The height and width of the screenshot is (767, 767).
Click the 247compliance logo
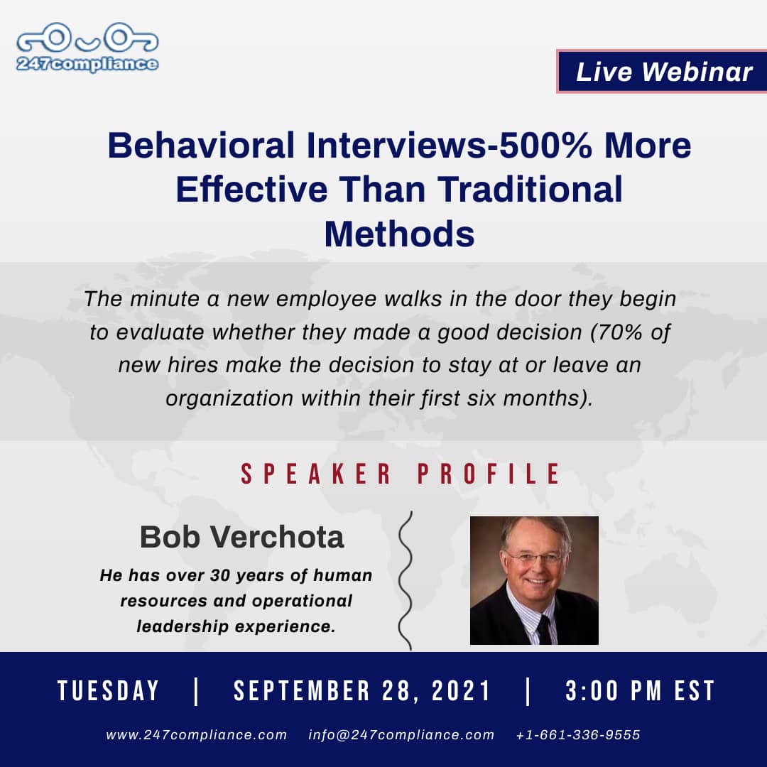[x=87, y=47]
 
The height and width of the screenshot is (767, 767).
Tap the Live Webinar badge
[x=662, y=72]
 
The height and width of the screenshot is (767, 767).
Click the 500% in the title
[x=545, y=146]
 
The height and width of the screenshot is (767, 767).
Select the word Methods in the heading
[x=399, y=234]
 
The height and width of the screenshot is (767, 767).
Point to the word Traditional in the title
[x=530, y=190]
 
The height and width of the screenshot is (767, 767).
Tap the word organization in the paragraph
[x=229, y=398]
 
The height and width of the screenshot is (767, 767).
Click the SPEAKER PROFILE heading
[x=400, y=474]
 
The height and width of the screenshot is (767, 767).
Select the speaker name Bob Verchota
[x=242, y=537]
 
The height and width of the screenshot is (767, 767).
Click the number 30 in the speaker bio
[x=221, y=575]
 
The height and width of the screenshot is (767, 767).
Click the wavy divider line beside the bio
[x=406, y=581]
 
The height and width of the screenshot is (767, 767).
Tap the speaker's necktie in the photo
[x=543, y=629]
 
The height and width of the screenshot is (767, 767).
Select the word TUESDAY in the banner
[x=108, y=691]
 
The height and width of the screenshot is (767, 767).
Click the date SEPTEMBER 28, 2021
[x=362, y=691]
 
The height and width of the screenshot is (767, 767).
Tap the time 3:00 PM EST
[x=640, y=691]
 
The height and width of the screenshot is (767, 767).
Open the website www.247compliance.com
[x=197, y=735]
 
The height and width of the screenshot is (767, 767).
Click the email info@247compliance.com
[x=401, y=735]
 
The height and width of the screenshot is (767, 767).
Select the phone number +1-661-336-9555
[x=578, y=735]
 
